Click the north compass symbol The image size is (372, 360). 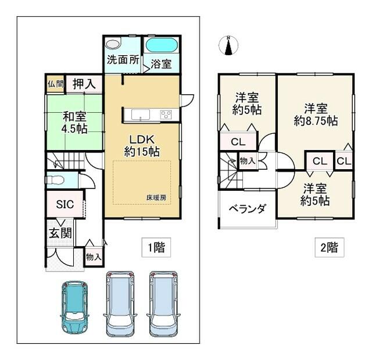pyautogui.click(x=228, y=45)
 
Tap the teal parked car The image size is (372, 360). pyautogui.click(x=74, y=308)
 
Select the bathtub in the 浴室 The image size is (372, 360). pyautogui.click(x=162, y=45)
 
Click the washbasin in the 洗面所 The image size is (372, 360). pyautogui.click(x=113, y=44)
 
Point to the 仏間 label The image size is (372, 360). pyautogui.click(x=56, y=84)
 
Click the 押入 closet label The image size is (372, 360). pyautogui.click(x=84, y=84)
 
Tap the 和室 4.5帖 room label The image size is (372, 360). pyautogui.click(x=74, y=123)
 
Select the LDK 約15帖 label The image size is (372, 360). pyautogui.click(x=142, y=146)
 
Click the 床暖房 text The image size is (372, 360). pyautogui.click(x=156, y=197)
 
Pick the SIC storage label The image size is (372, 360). pyautogui.click(x=65, y=204)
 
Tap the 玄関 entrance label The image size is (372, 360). pyautogui.click(x=60, y=233)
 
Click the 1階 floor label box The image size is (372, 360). pyautogui.click(x=156, y=247)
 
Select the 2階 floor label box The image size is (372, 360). pyautogui.click(x=330, y=247)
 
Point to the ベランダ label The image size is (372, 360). pyautogui.click(x=247, y=209)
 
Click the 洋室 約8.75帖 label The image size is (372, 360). pyautogui.click(x=316, y=115)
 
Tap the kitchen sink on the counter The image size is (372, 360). pyautogui.click(x=141, y=115)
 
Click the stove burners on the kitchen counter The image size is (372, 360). pyautogui.click(x=166, y=115)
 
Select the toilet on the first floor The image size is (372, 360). pyautogui.click(x=55, y=180)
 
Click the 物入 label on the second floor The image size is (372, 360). pyautogui.click(x=248, y=161)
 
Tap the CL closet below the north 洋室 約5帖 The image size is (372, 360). pyautogui.click(x=238, y=142)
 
